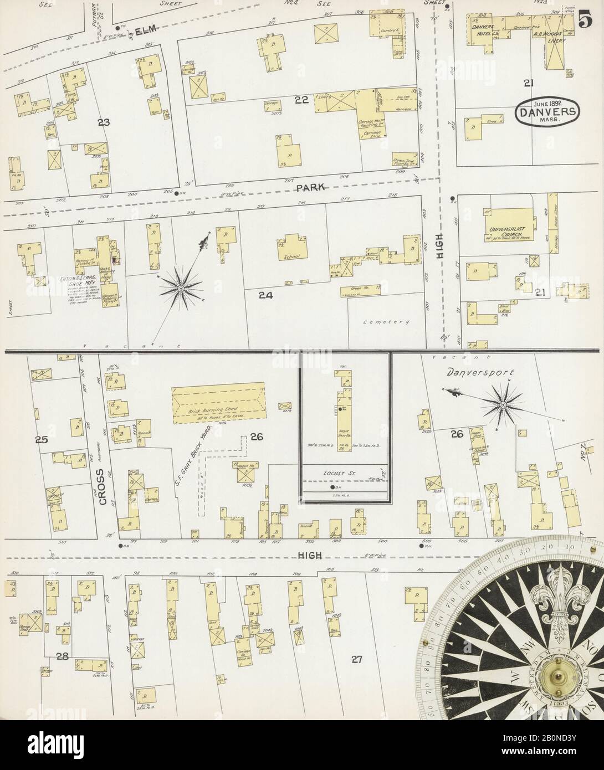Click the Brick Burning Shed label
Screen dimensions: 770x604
pyautogui.click(x=213, y=413)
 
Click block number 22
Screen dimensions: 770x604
pyautogui.click(x=301, y=100)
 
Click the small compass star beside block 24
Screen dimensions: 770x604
pyautogui.click(x=181, y=288)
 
